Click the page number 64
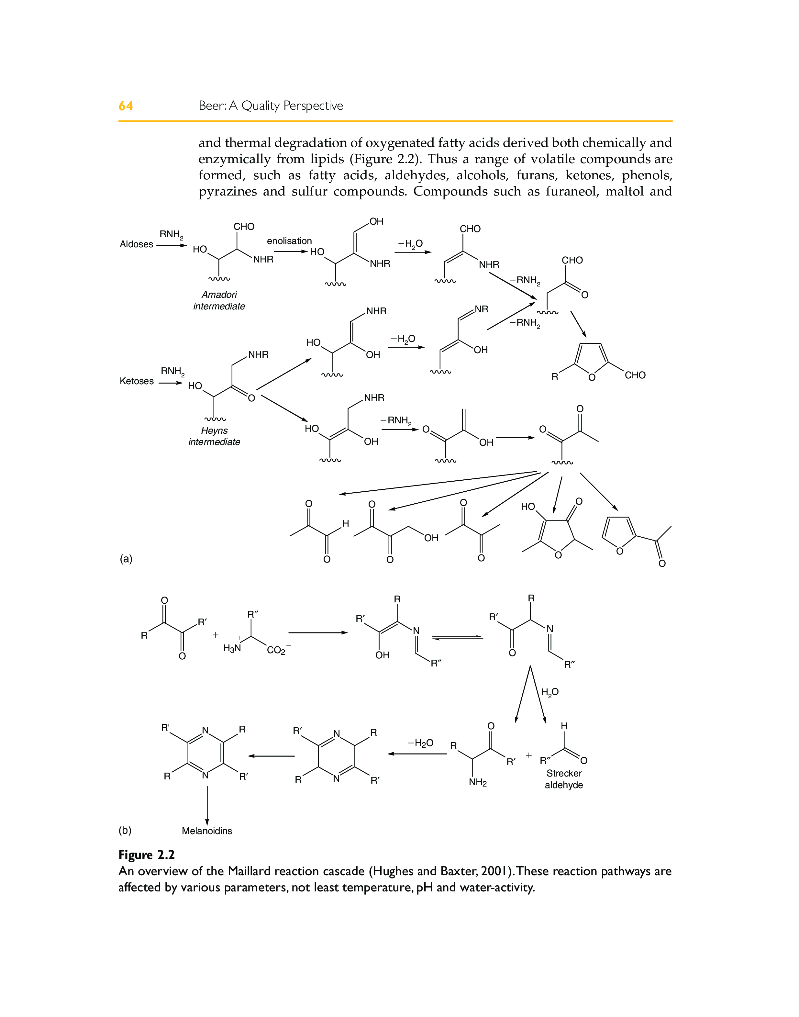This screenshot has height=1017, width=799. (x=125, y=106)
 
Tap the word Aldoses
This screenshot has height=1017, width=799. (x=136, y=244)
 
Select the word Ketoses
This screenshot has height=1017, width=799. (x=137, y=381)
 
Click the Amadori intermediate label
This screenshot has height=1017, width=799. (x=219, y=300)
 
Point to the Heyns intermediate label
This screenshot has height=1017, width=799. (x=214, y=436)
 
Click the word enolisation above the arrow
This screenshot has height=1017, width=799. (x=289, y=241)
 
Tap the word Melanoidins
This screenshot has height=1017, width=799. (x=207, y=831)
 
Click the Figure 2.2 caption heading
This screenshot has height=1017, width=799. (x=146, y=855)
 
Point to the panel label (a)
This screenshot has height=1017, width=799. (x=126, y=559)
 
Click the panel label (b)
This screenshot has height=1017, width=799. (x=125, y=830)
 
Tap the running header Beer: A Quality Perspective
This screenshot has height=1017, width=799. (x=271, y=106)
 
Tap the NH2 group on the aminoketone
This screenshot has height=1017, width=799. (x=478, y=783)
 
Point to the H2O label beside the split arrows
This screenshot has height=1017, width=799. (x=550, y=692)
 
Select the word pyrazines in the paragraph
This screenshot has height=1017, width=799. (x=227, y=191)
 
